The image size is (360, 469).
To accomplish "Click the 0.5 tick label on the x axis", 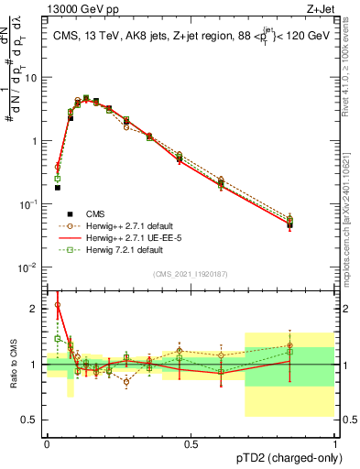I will (x=191, y=444).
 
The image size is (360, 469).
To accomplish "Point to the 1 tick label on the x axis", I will (x=334, y=444).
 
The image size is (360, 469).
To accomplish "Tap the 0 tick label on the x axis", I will (x=47, y=444).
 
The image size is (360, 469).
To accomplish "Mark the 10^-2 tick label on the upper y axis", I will (x=29, y=267).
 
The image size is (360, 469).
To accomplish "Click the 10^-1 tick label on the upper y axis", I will (x=29, y=204).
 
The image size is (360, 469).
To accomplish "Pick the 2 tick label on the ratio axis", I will (x=37, y=309).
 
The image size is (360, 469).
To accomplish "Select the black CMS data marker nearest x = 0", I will (x=57, y=188).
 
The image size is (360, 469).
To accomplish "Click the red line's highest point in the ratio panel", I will (x=57, y=305).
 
